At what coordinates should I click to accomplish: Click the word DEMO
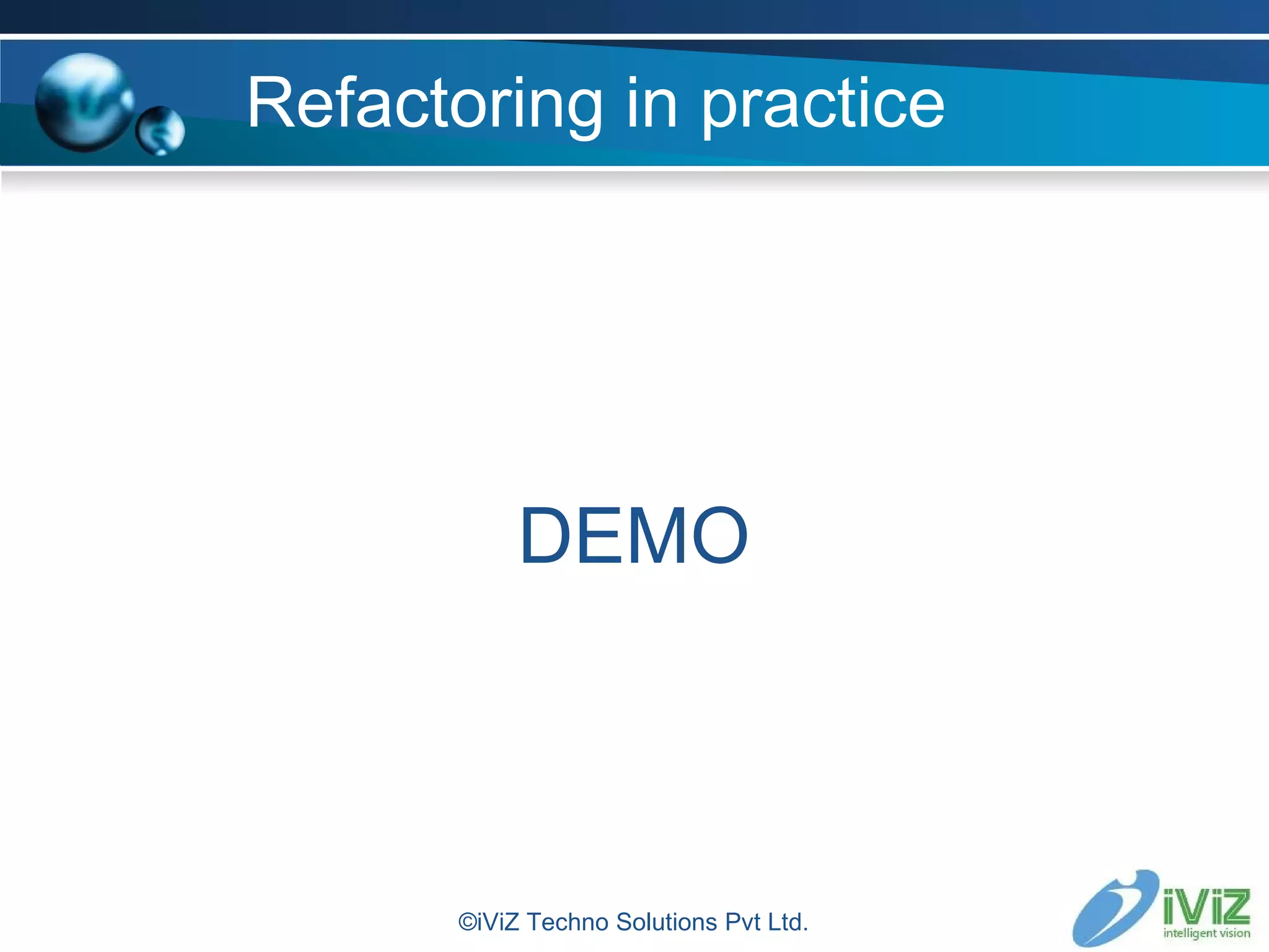pyautogui.click(x=634, y=536)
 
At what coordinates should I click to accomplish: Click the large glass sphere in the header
pyautogui.click(x=84, y=103)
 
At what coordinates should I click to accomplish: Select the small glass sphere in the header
pyautogui.click(x=160, y=131)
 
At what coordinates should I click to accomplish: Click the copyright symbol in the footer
pyautogui.click(x=467, y=922)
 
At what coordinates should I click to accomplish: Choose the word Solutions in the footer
pyautogui.click(x=667, y=922)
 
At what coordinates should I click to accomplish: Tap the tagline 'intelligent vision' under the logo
pyautogui.click(x=1206, y=933)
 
